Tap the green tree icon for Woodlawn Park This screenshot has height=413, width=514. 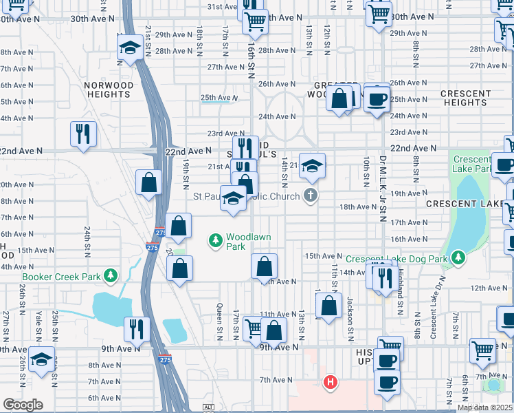coord(216,240)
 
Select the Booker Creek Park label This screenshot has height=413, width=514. coord(61,277)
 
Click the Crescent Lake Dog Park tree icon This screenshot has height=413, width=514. coord(457,259)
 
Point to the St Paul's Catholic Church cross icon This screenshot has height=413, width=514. coord(311,196)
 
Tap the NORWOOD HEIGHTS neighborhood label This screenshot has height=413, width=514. coord(109,89)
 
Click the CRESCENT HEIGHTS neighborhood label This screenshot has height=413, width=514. coord(465,98)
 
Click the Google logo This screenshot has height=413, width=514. coord(23,405)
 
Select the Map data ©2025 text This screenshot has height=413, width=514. coord(484,407)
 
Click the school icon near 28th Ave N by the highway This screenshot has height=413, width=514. coord(128,48)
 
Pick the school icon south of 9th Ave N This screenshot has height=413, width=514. coord(42,360)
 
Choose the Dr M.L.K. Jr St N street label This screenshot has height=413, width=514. coord(382,188)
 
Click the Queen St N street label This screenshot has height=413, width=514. coord(219,321)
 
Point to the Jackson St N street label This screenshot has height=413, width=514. coord(350,319)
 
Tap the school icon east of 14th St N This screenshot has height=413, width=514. coord(311,165)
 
